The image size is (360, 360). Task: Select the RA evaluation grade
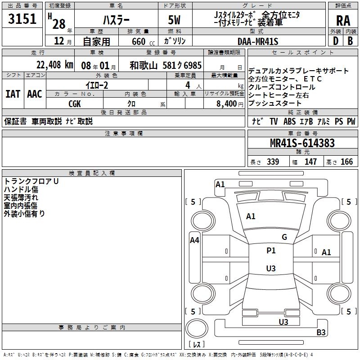(x=343, y=20)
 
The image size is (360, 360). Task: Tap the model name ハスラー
(x=116, y=20)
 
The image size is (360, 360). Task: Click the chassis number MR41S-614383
(x=302, y=143)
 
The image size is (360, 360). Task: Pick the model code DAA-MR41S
(x=258, y=41)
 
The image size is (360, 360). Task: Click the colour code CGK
(x=74, y=103)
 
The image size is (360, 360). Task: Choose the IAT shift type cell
(x=12, y=94)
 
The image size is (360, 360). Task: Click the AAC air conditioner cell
(x=35, y=94)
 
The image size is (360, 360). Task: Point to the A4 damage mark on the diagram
(x=194, y=240)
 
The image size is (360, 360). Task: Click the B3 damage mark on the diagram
(x=321, y=333)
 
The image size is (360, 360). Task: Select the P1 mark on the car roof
(x=271, y=251)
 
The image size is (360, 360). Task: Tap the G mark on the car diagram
(x=284, y=237)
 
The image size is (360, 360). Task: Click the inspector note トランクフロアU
(x=31, y=181)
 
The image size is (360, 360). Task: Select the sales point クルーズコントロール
(x=282, y=87)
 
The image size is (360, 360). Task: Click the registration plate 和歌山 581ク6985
(x=166, y=65)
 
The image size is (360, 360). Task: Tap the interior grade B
(x=350, y=41)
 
